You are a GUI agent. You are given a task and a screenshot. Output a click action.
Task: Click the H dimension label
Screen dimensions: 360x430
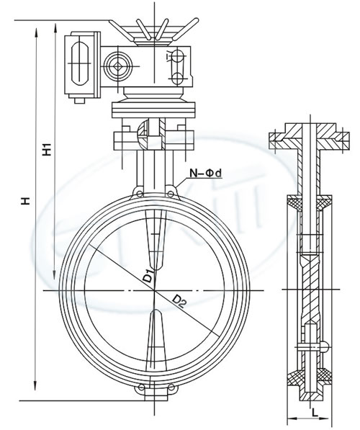pyautogui.click(x=26, y=200)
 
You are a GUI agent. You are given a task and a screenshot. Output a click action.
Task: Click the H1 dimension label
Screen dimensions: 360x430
pyautogui.click(x=47, y=149)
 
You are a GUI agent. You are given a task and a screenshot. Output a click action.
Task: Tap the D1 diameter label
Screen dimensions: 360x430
pyautogui.click(x=148, y=276)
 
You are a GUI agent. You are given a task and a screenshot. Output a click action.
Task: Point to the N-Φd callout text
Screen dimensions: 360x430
pyautogui.click(x=206, y=173)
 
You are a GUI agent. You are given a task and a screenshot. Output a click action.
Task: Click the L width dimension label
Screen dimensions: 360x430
pyautogui.click(x=315, y=411)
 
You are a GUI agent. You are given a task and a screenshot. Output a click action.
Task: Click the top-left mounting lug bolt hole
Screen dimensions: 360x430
pyautogui.click(x=140, y=194)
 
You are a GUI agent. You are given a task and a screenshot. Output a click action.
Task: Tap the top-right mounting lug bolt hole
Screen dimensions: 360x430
pyautogui.click(x=170, y=194)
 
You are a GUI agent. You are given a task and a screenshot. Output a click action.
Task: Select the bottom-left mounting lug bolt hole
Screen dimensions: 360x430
pyautogui.click(x=141, y=388)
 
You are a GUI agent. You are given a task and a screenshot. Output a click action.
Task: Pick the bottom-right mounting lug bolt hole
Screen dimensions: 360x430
pyautogui.click(x=171, y=388)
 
